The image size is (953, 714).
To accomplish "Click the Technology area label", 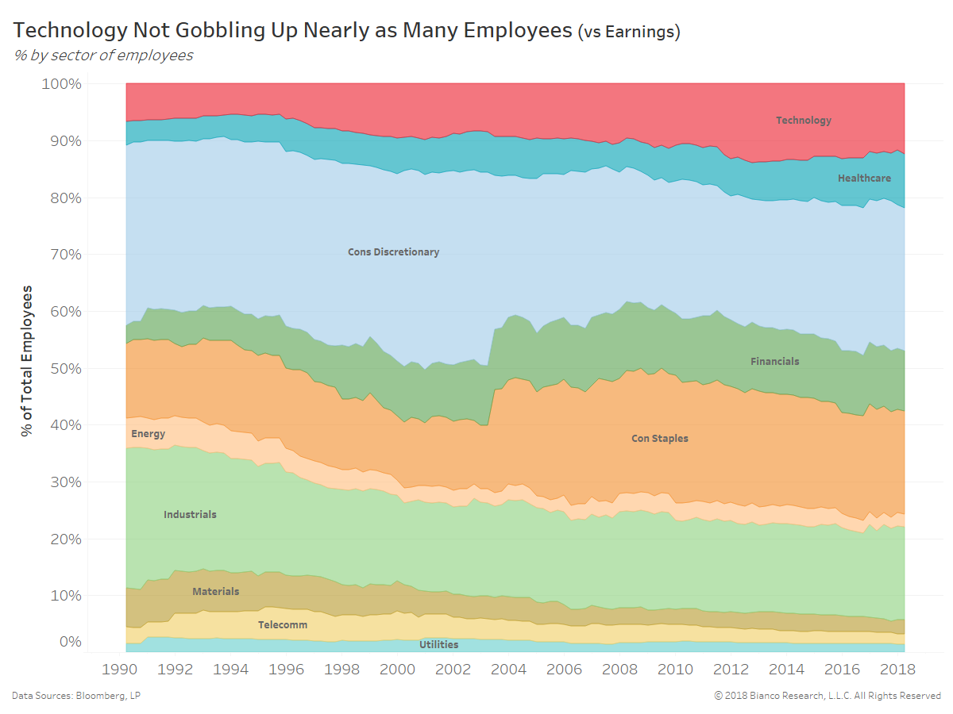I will point(803,121).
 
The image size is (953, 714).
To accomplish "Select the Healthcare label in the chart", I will point(864,178).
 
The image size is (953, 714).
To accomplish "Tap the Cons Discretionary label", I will point(393,252).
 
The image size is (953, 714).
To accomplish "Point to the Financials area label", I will point(774,362).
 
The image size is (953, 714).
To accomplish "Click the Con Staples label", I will point(659,438).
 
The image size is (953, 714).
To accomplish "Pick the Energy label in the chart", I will point(148,434).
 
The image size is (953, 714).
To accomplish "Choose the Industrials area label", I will point(190,515).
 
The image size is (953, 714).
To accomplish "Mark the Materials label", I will point(215,592).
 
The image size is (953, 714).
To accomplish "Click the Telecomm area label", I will point(282,625).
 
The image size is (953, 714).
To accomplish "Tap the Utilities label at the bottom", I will point(438,645).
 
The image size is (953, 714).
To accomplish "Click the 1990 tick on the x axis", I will point(122,669).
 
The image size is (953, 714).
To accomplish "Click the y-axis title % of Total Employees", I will point(28,361).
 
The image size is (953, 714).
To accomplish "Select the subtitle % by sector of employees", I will point(103,56).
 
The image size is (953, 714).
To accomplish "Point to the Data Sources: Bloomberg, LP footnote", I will point(76,696).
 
